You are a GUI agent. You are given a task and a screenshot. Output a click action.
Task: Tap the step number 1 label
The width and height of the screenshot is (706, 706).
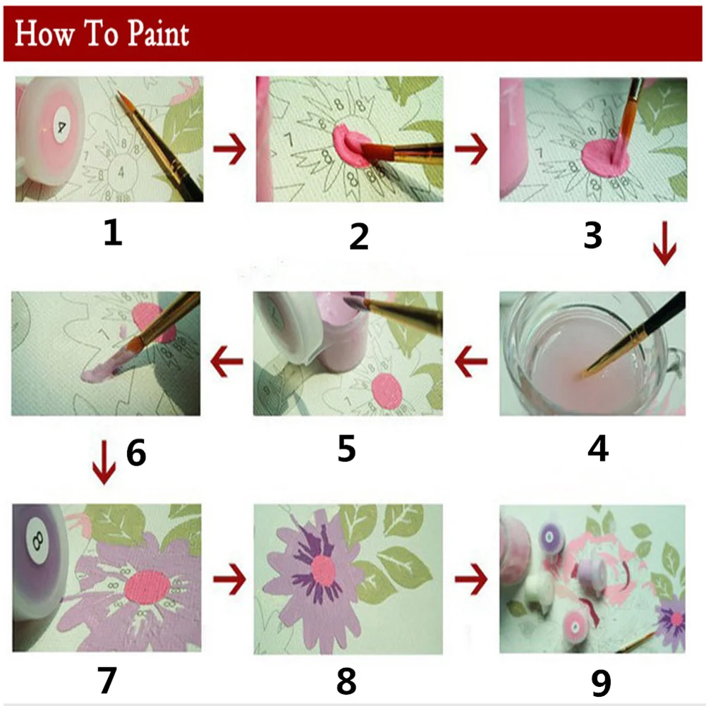click(112, 232)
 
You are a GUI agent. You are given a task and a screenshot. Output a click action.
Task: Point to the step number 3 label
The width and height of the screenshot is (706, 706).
click(592, 235)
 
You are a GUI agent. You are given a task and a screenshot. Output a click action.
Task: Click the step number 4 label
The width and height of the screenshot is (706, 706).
click(597, 448)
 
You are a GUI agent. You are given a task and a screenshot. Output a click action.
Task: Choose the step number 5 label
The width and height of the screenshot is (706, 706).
click(346, 448)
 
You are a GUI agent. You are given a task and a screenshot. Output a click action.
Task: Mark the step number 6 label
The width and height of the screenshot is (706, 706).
click(136, 452)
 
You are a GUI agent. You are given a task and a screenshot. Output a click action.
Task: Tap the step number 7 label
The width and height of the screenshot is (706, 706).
click(106, 679)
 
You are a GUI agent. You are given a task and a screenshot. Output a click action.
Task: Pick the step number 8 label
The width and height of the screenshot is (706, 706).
click(346, 681)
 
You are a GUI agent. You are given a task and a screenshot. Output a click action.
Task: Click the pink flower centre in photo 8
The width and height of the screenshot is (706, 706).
click(322, 571)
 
